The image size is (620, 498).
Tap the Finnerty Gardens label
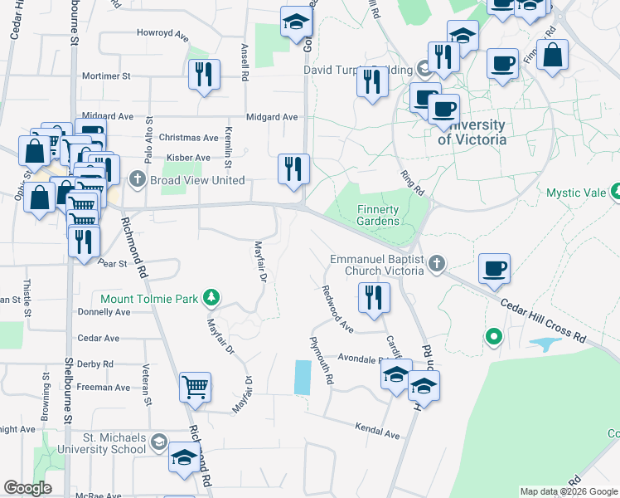[x=378, y=215]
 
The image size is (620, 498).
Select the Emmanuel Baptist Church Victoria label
[x=377, y=266]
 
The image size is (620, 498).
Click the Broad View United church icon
[x=138, y=180]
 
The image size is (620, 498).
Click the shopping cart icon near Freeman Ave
[x=195, y=386]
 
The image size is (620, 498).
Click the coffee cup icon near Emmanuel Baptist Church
[x=494, y=268]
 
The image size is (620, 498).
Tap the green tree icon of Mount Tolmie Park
[x=213, y=298]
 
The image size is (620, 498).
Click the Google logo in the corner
[x=28, y=488]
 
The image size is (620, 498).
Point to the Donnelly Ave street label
[x=104, y=313]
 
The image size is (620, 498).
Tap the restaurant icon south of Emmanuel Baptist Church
[x=374, y=296]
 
